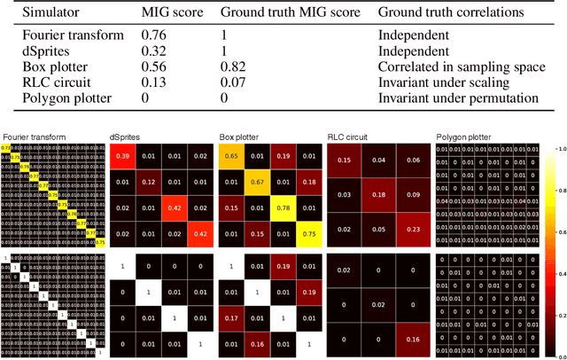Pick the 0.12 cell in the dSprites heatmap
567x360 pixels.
[x=148, y=182]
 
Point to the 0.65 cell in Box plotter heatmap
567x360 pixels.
[x=231, y=157]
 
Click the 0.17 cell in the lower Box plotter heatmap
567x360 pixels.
[x=231, y=317]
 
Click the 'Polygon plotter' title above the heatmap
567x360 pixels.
[x=462, y=137]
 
